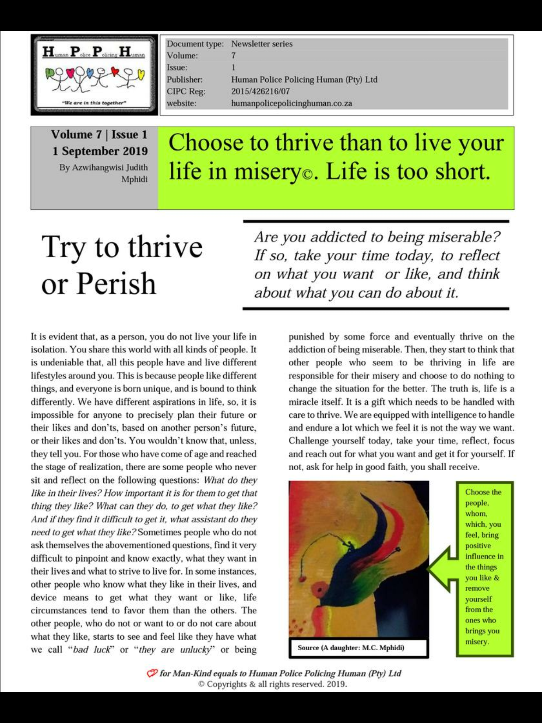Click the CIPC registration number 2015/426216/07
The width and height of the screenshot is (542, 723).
[x=260, y=91]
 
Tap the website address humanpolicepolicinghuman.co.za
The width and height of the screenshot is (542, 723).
[x=291, y=103]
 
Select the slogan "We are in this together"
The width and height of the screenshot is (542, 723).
[x=94, y=103]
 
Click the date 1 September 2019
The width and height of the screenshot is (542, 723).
[x=100, y=151]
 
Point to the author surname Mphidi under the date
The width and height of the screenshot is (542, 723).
[x=134, y=179]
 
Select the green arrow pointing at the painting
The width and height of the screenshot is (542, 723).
[x=441, y=569]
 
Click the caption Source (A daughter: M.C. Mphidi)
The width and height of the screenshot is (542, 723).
[x=351, y=648]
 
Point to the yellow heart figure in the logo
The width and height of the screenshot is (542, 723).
[x=141, y=75]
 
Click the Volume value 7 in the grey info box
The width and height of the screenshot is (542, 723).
[x=233, y=55]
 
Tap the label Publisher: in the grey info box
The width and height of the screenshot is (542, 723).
[x=185, y=79]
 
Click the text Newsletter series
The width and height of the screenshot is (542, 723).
[x=262, y=44]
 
